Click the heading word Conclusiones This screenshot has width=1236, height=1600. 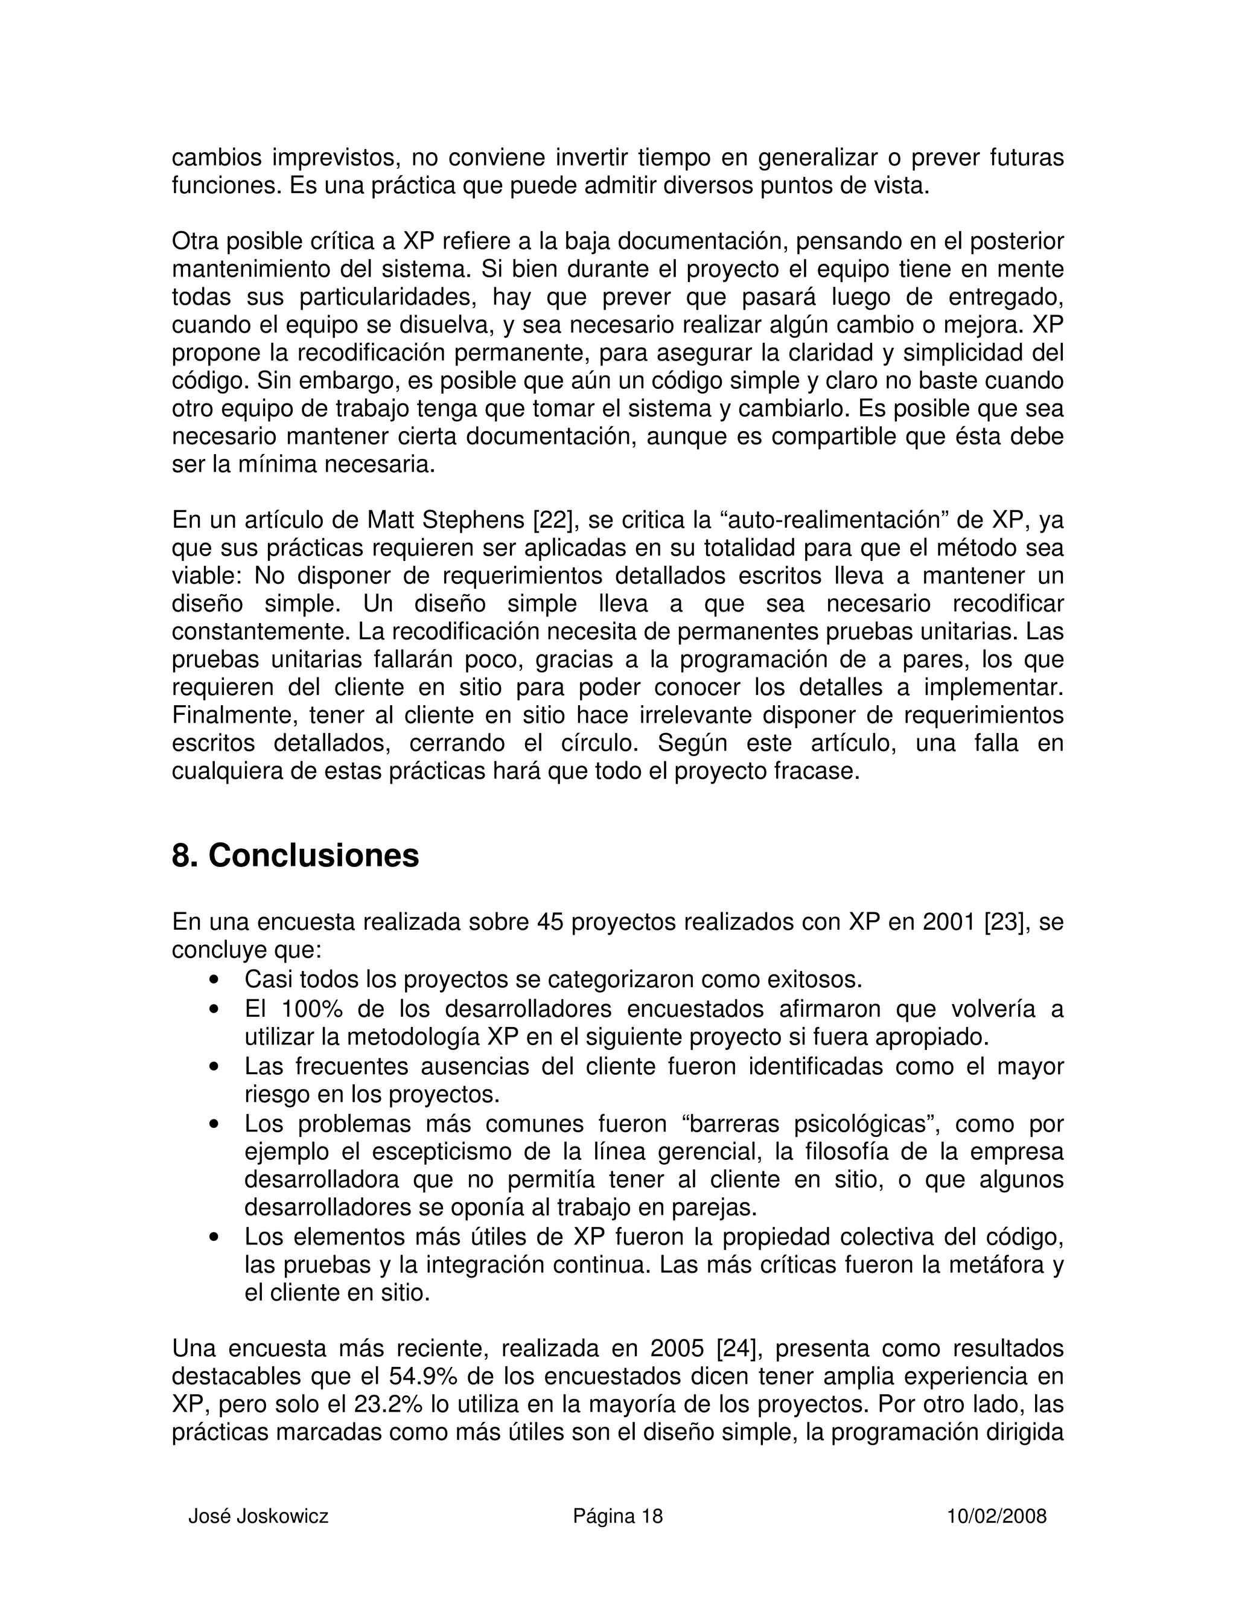[x=313, y=856]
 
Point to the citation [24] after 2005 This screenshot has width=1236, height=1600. [x=738, y=1349]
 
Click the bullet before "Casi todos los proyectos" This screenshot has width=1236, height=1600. [x=214, y=980]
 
